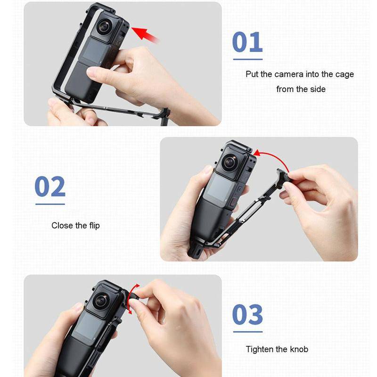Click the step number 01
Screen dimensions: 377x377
pyautogui.click(x=247, y=42)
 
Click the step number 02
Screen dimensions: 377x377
pyautogui.click(x=50, y=186)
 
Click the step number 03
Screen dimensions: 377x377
pyautogui.click(x=248, y=314)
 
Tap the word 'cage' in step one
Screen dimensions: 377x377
pyautogui.click(x=344, y=75)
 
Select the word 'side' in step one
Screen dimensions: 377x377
pyautogui.click(x=318, y=89)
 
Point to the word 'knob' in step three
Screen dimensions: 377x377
pyautogui.click(x=299, y=349)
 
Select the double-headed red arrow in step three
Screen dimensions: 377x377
pyautogui.click(x=132, y=299)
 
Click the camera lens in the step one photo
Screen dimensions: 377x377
pyautogui.click(x=104, y=27)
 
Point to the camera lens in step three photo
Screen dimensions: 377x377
pyautogui.click(x=101, y=301)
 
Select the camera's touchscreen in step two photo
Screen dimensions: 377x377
pyautogui.click(x=220, y=188)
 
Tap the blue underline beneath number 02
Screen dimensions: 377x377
pyautogui.click(x=50, y=204)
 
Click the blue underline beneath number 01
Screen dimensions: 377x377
pyautogui.click(x=248, y=59)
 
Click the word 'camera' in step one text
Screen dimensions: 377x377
pyautogui.click(x=289, y=74)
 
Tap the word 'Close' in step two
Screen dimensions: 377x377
pyautogui.click(x=62, y=226)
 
